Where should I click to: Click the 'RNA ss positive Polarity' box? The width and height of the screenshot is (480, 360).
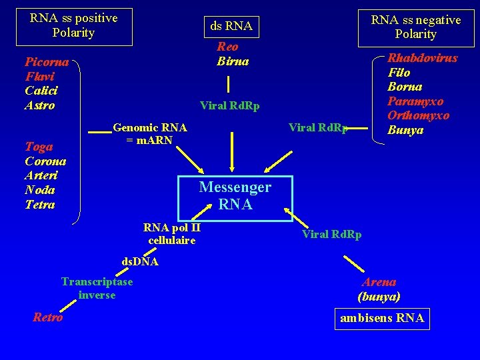click(x=73, y=26)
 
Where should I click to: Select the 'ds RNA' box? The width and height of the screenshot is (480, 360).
click(x=231, y=26)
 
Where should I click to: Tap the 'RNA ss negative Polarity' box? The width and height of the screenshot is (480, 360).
click(x=415, y=27)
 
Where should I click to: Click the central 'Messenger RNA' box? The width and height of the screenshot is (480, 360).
click(x=235, y=197)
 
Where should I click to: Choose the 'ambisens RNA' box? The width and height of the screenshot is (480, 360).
click(x=382, y=318)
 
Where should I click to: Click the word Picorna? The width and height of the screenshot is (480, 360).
click(x=47, y=62)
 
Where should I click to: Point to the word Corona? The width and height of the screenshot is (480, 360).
click(x=45, y=161)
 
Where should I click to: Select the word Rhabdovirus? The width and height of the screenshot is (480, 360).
click(x=423, y=58)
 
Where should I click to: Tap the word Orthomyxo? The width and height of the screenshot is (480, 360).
click(x=419, y=116)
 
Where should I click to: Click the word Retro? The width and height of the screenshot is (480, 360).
click(x=47, y=317)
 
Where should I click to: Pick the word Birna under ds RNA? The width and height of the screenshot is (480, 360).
click(x=233, y=61)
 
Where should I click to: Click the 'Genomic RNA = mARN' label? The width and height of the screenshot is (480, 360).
click(x=150, y=134)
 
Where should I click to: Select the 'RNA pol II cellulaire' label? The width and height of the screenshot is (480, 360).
click(x=172, y=233)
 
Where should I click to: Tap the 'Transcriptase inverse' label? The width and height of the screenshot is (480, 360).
click(x=97, y=288)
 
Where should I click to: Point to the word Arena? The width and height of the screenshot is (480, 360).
click(x=379, y=282)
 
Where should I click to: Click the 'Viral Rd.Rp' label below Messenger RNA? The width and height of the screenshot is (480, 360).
click(x=331, y=234)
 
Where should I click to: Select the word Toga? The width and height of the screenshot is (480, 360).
click(x=39, y=146)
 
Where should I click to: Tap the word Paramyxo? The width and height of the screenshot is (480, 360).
click(x=416, y=101)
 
